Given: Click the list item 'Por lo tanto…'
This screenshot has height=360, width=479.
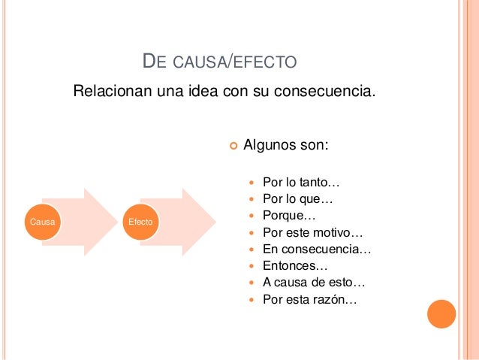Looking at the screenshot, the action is (301, 183).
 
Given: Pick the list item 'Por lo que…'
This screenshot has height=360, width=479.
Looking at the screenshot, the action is (297, 199).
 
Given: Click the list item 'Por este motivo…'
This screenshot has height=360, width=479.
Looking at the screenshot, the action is (312, 232).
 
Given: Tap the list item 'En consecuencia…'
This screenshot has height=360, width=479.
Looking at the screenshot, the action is (317, 249).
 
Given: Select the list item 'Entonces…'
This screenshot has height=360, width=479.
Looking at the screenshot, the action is (295, 265).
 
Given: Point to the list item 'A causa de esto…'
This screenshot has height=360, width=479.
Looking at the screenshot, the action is (314, 283).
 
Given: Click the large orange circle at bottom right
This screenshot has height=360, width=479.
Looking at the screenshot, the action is (441, 314).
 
